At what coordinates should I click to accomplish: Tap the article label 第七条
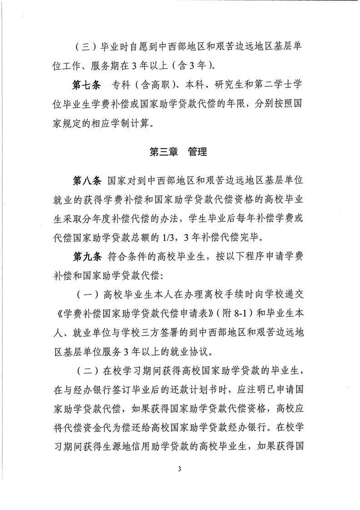(86, 87)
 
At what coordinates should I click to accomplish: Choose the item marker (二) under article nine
(86, 371)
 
